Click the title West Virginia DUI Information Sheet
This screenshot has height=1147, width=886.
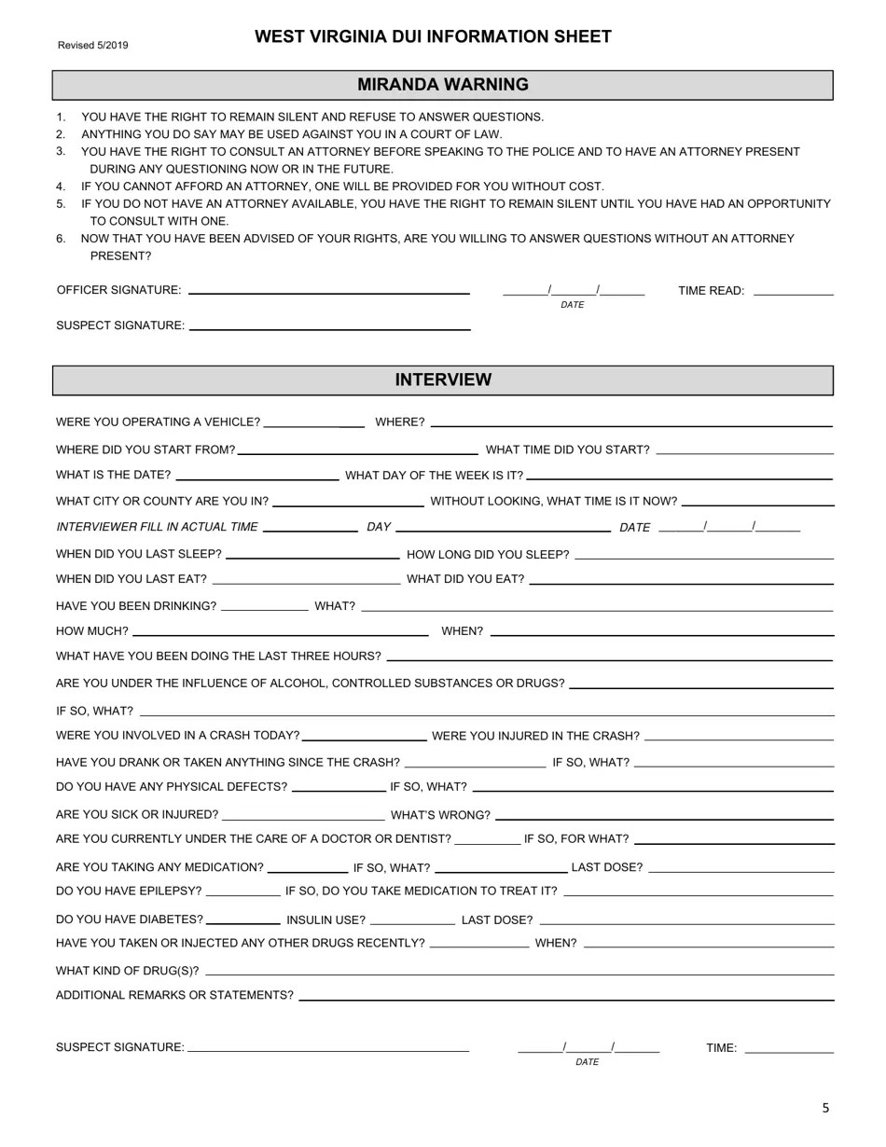click(433, 37)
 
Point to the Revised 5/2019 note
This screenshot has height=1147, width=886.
click(93, 46)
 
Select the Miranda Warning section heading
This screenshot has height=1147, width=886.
click(442, 85)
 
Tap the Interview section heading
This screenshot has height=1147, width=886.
click(442, 380)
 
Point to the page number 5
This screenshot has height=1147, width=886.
click(825, 1108)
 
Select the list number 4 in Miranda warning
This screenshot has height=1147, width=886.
click(61, 187)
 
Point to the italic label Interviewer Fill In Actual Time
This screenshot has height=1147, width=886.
click(157, 528)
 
